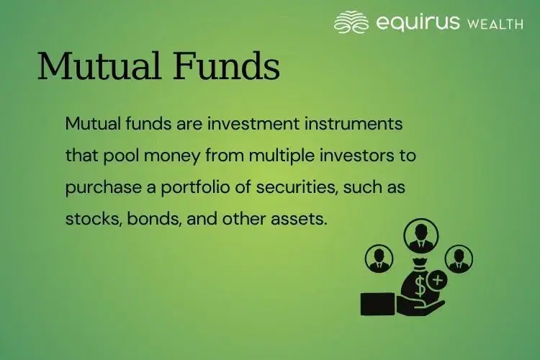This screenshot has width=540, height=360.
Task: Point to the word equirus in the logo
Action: [x=418, y=22]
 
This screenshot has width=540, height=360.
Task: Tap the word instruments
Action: [x=352, y=123]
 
